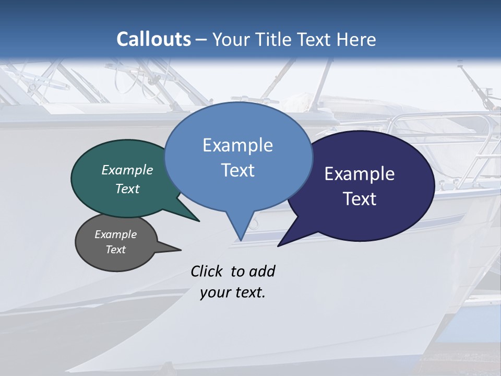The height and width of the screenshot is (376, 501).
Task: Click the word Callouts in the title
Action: [x=153, y=39]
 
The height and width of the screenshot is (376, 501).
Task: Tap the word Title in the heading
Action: [x=273, y=39]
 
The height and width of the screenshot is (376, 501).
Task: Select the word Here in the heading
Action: [x=356, y=39]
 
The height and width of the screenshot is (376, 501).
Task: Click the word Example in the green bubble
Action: [x=127, y=170]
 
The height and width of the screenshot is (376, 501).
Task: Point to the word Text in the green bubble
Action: [x=127, y=189]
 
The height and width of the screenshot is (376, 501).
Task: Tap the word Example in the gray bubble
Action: [x=116, y=234]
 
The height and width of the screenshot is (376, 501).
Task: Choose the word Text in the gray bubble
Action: [x=116, y=250]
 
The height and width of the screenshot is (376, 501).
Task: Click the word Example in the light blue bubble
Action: [x=237, y=145]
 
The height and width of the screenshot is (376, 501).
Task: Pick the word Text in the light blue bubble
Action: [x=237, y=170]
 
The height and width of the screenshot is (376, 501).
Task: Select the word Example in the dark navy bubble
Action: [x=360, y=174]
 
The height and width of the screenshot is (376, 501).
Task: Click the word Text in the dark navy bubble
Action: [x=360, y=198]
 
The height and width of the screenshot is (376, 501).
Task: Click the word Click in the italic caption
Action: [x=208, y=271]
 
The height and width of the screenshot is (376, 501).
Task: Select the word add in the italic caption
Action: [x=262, y=271]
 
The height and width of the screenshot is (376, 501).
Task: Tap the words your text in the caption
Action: [x=233, y=292]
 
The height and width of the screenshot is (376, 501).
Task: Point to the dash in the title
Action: [x=202, y=40]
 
